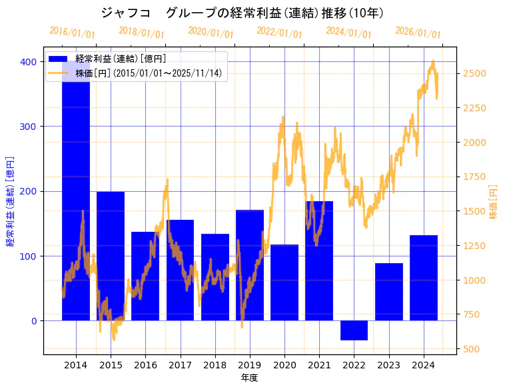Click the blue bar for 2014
(x=76, y=200)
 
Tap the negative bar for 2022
(x=354, y=330)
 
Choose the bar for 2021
(x=319, y=260)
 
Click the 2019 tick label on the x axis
(x=250, y=365)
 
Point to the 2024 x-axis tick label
(x=424, y=365)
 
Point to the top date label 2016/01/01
(x=72, y=33)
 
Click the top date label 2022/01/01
(x=279, y=33)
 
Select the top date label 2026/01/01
(x=418, y=33)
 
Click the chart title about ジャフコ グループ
(x=243, y=13)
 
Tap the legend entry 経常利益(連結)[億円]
(x=120, y=59)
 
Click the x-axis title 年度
(x=249, y=378)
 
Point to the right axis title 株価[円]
(x=494, y=203)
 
